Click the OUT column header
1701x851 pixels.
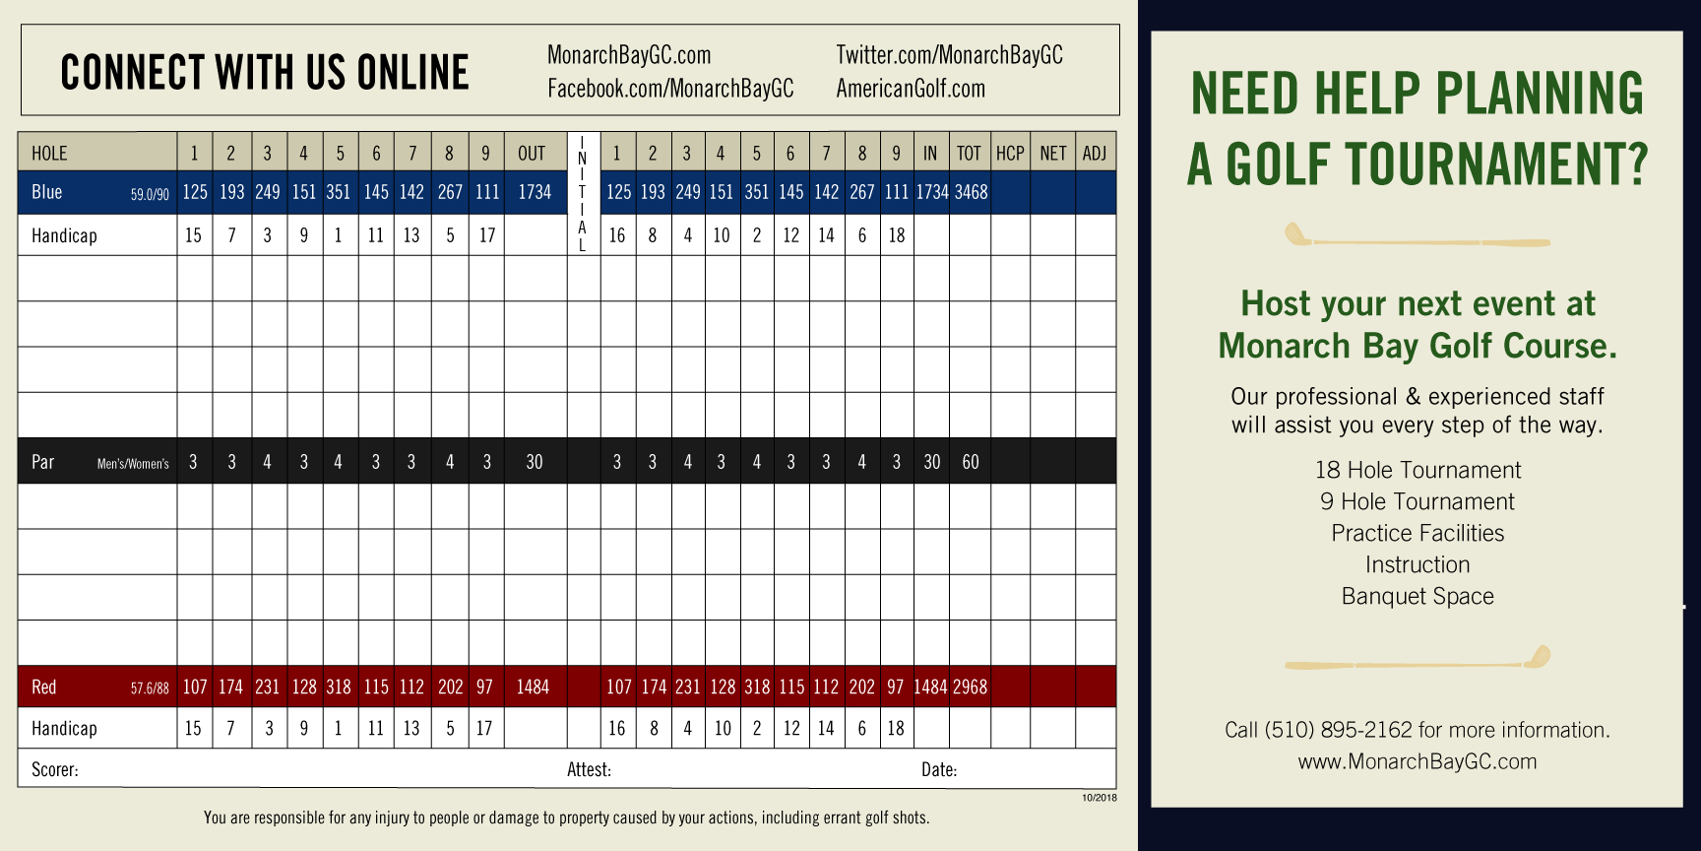[532, 154]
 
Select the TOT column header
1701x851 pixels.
[969, 154]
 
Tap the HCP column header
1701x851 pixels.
[1010, 154]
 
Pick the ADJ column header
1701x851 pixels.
[1095, 154]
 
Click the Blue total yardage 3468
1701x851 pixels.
[971, 192]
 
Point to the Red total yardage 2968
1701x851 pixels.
[970, 687]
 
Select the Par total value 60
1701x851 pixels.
[971, 462]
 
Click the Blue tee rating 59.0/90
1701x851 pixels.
[150, 195]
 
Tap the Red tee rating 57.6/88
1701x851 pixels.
[150, 688]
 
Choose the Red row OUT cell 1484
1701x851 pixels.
[533, 687]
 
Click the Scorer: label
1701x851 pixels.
[55, 769]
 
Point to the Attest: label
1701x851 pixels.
[589, 769]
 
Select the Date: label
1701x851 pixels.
[939, 769]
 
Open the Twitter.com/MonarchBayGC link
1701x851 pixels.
[949, 55]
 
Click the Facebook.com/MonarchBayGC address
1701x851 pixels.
[670, 89]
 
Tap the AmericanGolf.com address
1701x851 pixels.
[911, 89]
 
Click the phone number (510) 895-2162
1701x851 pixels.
[1338, 730]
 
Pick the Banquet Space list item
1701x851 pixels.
[1417, 596]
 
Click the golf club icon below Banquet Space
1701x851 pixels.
[1417, 659]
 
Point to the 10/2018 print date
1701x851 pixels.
[1100, 798]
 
